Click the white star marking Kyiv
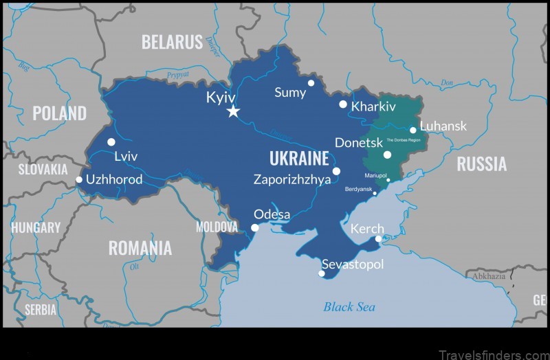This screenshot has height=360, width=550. pos(233,111)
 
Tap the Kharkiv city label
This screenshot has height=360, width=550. pos(373,106)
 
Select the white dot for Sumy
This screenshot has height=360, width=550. pos(311,83)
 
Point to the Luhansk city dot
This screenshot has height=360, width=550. pos(413,130)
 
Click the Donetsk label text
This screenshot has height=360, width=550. pos(357,143)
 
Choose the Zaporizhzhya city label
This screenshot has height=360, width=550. pos(292,179)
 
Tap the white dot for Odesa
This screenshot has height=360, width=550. pos(255,227)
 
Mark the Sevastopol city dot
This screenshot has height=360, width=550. pos(321,273)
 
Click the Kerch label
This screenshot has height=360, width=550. pos(367,229)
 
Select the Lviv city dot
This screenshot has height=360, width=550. pos(111,142)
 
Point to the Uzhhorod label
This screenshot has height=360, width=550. pos(114,179)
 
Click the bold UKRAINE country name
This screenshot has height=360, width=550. pos(299,159)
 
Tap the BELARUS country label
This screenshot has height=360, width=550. pos(172,42)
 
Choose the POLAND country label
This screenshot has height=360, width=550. pos(60,113)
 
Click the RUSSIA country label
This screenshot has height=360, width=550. pos(482,164)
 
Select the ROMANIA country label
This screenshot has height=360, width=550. pos(140,247)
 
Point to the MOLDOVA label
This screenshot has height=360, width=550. pos(217,226)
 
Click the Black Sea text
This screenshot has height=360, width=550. pos(349,306)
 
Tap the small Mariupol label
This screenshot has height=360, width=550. pos(376,175)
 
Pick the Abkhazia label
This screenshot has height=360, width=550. pos(488,276)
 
